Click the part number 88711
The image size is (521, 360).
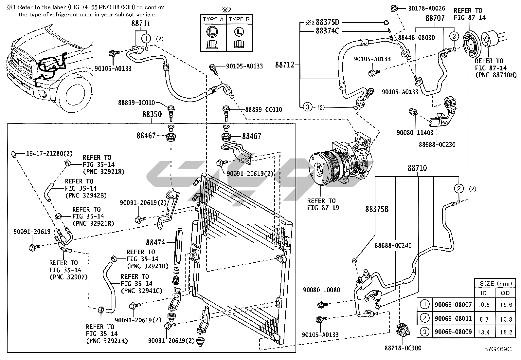[141, 24]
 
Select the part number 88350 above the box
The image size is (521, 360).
[152, 115]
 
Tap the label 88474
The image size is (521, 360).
[156, 242]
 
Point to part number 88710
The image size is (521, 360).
[417, 168]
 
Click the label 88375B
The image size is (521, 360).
[377, 209]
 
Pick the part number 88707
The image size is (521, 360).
[435, 18]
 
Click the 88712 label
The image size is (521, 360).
[285, 65]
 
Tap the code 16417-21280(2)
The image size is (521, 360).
[49, 153]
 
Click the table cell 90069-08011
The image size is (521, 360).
[453, 318]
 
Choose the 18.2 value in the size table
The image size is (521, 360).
[506, 332]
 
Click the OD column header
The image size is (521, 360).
[506, 293]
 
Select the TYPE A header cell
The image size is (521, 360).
[213, 19]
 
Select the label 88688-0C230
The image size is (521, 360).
[437, 144]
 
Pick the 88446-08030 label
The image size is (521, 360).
[416, 38]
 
